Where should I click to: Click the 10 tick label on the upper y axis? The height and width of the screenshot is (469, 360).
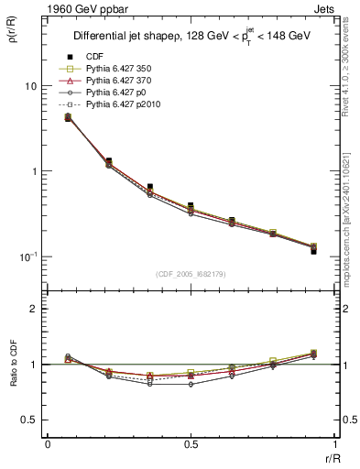click(30, 86)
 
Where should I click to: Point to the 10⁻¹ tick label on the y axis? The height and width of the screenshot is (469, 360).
click(27, 256)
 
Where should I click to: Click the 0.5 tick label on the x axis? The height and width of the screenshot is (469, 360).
click(191, 444)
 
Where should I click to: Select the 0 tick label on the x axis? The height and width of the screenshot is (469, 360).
click(48, 444)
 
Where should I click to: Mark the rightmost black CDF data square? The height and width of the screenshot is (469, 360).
click(313, 250)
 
